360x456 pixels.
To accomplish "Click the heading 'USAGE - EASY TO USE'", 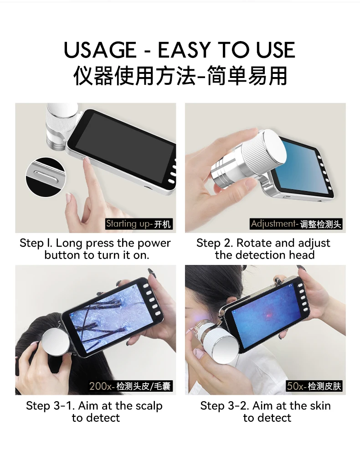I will coord(180,50).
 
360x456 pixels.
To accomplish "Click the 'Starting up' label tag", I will coord(139,224).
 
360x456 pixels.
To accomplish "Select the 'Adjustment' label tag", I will coord(296,224).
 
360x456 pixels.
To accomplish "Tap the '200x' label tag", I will coord(130,386).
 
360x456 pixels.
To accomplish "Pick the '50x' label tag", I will coord(314,386).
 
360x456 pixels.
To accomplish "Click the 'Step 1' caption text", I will coord(95,249).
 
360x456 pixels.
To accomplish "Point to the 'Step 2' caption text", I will coord(264,249).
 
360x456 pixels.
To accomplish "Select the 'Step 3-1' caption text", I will coord(95,412).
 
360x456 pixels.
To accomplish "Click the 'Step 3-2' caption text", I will coord(266,412).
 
